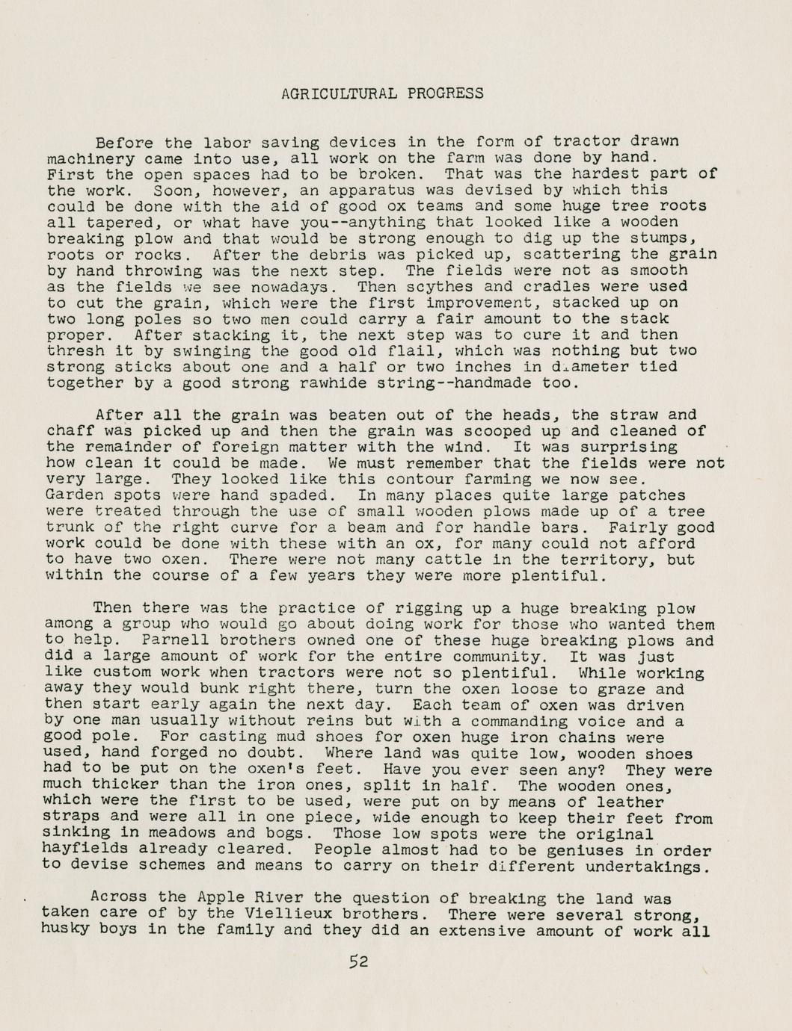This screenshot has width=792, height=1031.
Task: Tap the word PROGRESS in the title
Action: tap(445, 93)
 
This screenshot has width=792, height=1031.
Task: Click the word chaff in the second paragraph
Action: tap(70, 431)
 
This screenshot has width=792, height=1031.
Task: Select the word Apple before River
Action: tap(223, 898)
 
